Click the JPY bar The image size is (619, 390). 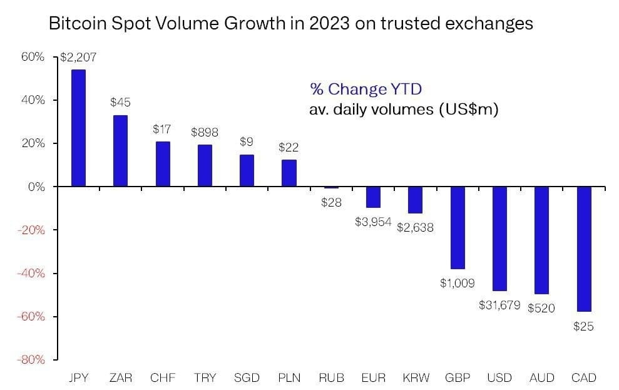78,128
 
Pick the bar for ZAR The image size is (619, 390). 120,151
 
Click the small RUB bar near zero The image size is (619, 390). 331,187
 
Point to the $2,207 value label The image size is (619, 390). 78,58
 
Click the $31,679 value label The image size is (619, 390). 499,305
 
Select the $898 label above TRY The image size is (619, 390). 204,133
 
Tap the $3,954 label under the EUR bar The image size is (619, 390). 373,222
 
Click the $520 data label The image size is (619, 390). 541,308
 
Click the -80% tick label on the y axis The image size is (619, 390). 31,360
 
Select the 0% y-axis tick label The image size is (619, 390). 36,187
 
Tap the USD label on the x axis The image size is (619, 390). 499,377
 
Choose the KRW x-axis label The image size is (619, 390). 415,377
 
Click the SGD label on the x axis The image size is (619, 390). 247,377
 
